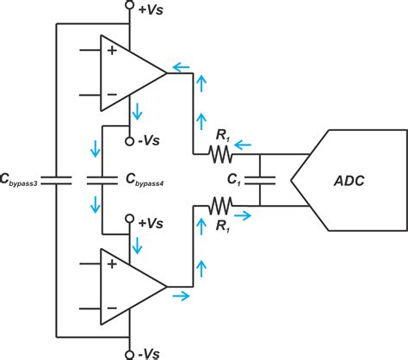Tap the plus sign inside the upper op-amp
pos(111,51)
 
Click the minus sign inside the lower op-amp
pos(111,307)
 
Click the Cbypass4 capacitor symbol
pos(102,181)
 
